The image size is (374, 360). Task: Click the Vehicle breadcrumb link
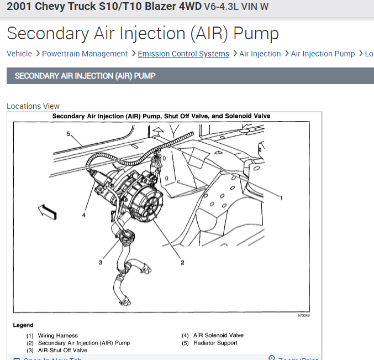point(19,54)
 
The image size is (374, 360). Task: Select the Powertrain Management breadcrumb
point(85,54)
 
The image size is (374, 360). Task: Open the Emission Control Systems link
point(183,54)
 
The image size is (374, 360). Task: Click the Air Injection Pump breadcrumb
point(323,54)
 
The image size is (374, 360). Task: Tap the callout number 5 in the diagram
point(69,134)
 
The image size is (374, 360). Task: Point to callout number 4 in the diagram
point(84,215)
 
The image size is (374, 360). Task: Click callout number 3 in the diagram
point(100,262)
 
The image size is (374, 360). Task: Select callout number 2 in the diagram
point(182,262)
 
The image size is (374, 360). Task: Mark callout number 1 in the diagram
point(281,197)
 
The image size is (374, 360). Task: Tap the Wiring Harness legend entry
point(57,335)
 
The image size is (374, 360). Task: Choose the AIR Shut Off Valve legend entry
point(62,350)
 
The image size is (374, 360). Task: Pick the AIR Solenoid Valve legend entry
point(218,335)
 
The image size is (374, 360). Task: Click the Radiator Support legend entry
point(215,343)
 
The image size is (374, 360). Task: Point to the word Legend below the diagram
point(23,325)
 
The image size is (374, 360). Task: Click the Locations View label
point(33,106)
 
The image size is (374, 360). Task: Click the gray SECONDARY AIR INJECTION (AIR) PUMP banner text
point(85,76)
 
